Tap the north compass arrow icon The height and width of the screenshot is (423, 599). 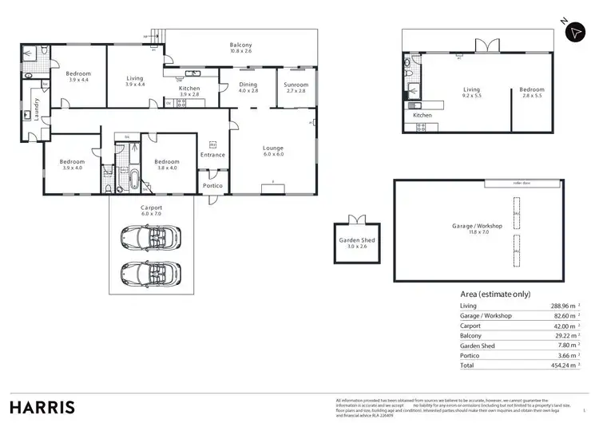[x=574, y=32]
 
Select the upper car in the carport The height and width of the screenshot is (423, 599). [x=150, y=236]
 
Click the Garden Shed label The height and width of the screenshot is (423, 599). [x=357, y=243]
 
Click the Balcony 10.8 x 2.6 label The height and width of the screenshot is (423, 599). [x=240, y=48]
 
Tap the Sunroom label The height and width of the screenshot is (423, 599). [x=296, y=87]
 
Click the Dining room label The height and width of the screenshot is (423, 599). [x=248, y=87]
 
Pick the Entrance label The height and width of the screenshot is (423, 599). [x=212, y=155]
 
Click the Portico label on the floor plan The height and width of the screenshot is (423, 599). [x=212, y=185]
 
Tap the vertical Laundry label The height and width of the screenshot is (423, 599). [x=35, y=101]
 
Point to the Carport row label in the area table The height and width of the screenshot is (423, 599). [x=472, y=326]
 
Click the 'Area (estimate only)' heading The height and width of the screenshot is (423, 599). [x=495, y=294]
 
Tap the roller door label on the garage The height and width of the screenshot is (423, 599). [x=511, y=183]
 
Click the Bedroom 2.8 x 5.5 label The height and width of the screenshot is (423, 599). [x=531, y=93]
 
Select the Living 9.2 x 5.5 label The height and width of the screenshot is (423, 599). [x=471, y=93]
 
